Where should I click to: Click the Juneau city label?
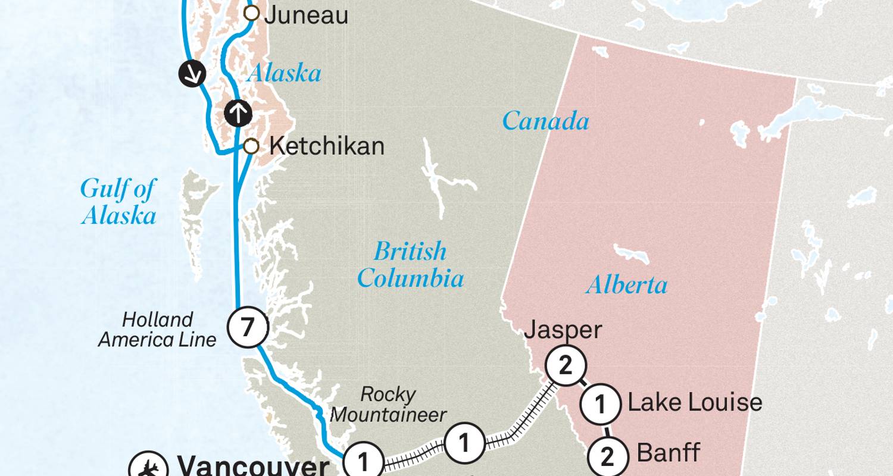click(x=306, y=15)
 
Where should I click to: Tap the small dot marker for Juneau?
click(x=252, y=13)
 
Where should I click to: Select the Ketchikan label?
click(x=326, y=146)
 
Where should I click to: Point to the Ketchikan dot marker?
click(x=251, y=146)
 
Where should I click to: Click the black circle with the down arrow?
click(x=192, y=74)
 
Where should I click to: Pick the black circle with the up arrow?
click(x=238, y=112)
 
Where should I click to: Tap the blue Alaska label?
click(x=285, y=74)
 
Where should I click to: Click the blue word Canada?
click(x=545, y=121)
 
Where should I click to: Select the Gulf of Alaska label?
click(x=118, y=202)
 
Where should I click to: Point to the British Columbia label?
click(x=410, y=264)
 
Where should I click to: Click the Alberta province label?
click(x=626, y=285)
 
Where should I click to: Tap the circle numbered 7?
click(x=248, y=327)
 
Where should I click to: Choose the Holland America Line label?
click(x=158, y=330)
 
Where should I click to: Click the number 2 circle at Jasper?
click(x=565, y=365)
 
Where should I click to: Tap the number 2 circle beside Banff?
click(x=607, y=457)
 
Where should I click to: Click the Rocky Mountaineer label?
click(x=388, y=404)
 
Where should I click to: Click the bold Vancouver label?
click(x=254, y=466)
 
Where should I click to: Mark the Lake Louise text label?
click(x=695, y=403)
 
